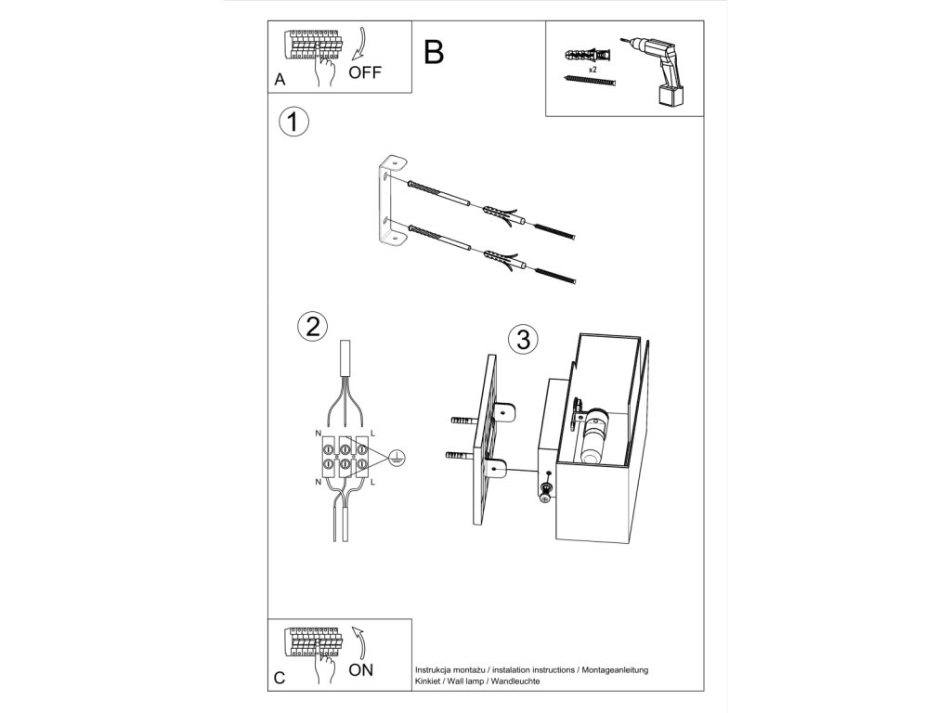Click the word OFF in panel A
click(365, 72)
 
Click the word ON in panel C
click(361, 670)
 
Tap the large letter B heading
click(434, 52)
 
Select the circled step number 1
click(293, 122)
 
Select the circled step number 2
click(313, 327)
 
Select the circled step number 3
click(523, 339)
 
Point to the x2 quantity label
click(592, 70)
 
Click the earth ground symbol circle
click(397, 458)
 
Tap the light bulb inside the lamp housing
click(592, 439)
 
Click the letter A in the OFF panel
click(280, 80)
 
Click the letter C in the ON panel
click(280, 677)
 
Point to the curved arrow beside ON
click(358, 642)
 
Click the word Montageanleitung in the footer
click(615, 670)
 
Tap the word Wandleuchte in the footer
click(515, 681)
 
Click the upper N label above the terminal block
click(319, 434)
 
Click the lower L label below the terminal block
click(372, 482)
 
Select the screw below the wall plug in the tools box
click(590, 82)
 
